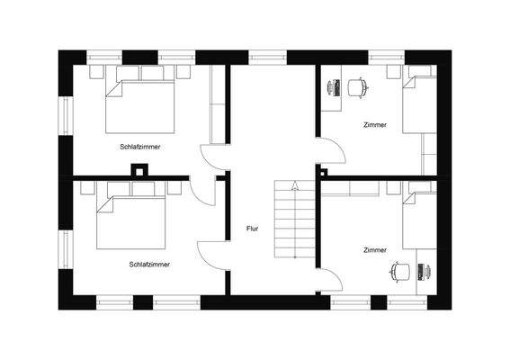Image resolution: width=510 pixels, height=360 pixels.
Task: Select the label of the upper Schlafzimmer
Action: pos(139,146)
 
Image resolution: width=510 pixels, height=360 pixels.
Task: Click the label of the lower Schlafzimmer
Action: pos(149,264)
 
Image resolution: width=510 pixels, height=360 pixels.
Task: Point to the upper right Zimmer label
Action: pos(375,124)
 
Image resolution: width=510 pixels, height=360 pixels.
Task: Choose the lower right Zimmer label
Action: pos(375,249)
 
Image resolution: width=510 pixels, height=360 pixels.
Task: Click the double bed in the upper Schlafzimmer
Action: pos(140,104)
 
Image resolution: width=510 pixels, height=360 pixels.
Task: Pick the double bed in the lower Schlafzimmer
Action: pos(136,219)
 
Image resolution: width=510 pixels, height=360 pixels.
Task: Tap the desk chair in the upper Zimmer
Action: pos(358,86)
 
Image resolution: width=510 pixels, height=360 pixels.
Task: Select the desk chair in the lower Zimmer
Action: pos(401,270)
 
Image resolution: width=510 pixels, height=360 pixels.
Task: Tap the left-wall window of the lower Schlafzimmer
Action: pos(65,249)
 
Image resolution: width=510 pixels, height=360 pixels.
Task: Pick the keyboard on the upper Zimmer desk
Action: pos(330,86)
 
